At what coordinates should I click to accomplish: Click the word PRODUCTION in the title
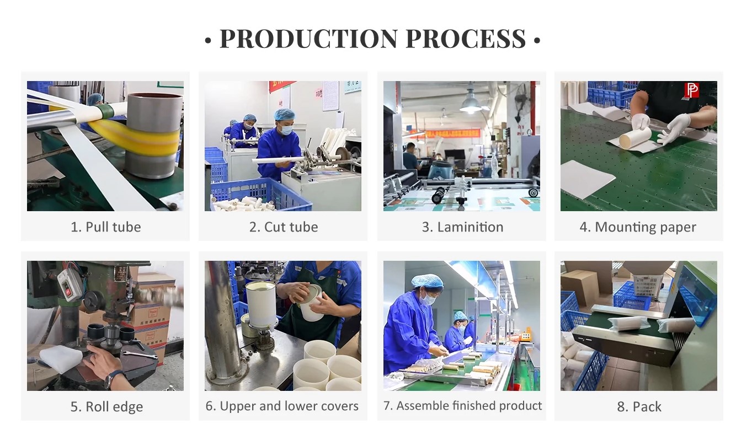(x=308, y=39)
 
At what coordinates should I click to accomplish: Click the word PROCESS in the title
(x=466, y=39)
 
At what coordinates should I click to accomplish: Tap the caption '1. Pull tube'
(x=106, y=227)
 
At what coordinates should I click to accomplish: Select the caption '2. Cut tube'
(x=284, y=227)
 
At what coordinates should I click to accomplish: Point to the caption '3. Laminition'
(x=462, y=227)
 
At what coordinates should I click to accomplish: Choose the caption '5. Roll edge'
(x=107, y=407)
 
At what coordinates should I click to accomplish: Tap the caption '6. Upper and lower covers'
(x=282, y=406)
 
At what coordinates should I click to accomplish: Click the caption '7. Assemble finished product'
(x=462, y=406)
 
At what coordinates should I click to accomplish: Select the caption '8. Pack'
(x=639, y=407)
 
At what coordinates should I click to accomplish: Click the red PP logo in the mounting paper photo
(x=692, y=90)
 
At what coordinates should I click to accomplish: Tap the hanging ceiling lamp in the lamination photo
(x=471, y=103)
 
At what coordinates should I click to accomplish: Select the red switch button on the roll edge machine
(x=67, y=291)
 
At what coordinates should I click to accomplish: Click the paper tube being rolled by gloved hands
(x=635, y=138)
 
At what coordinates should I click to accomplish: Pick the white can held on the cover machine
(x=261, y=304)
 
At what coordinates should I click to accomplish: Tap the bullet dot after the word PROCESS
(x=537, y=40)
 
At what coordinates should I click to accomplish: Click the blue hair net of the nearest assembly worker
(x=426, y=281)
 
